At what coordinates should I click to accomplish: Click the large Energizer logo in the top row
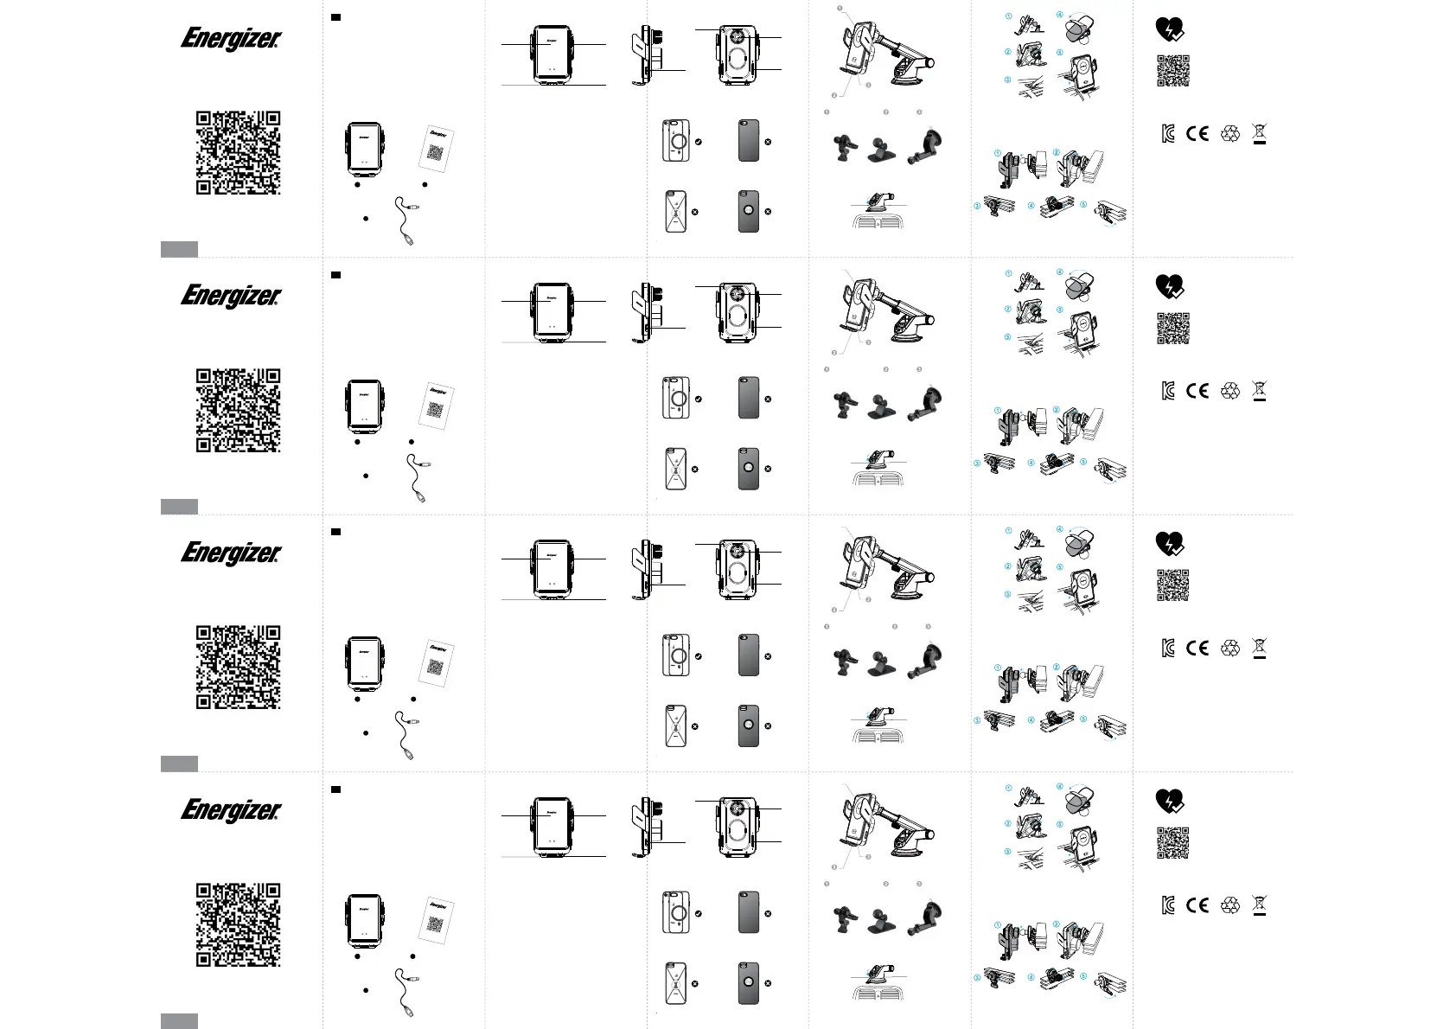click(x=231, y=39)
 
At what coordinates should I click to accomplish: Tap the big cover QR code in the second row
click(x=238, y=410)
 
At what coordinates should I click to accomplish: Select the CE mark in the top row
click(x=1197, y=133)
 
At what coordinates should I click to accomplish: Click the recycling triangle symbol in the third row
click(x=1230, y=648)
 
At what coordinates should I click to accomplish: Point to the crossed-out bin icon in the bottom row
click(x=1260, y=905)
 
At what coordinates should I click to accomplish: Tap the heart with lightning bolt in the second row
click(x=1170, y=287)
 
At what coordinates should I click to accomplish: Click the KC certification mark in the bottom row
click(x=1168, y=905)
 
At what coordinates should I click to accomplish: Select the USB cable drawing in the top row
click(x=406, y=220)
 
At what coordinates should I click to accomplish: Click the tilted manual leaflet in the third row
click(x=437, y=661)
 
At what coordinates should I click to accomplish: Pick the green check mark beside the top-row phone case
click(x=698, y=141)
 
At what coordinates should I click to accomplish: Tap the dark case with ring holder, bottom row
click(x=749, y=983)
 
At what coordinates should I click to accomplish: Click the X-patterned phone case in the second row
click(x=675, y=469)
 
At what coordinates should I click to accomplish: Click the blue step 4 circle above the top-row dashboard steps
click(x=1059, y=16)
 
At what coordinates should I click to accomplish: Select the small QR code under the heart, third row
click(x=1173, y=585)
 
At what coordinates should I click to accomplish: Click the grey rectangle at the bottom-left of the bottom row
click(x=179, y=1021)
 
